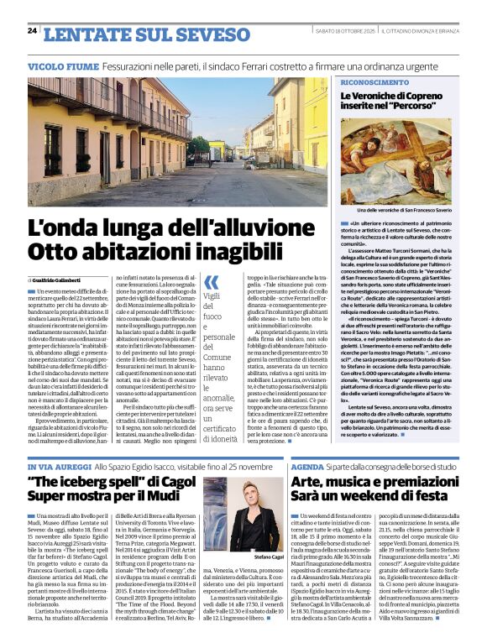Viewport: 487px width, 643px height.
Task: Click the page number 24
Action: point(32,30)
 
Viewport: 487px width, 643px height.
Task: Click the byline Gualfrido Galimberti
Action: point(65,279)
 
